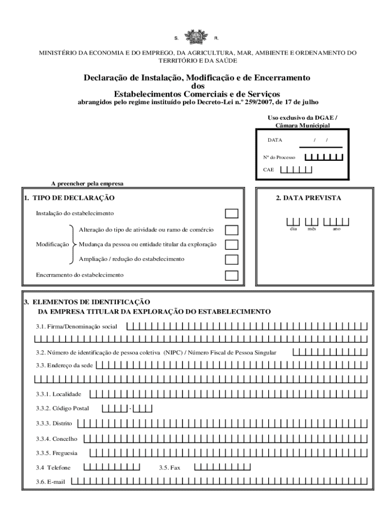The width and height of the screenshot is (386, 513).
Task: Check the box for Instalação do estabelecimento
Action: [x=232, y=214]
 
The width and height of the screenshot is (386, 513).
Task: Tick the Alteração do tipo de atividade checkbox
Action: [x=232, y=230]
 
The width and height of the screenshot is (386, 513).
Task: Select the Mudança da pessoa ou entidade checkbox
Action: [x=232, y=244]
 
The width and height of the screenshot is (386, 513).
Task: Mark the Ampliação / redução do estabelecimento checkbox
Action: [x=232, y=260]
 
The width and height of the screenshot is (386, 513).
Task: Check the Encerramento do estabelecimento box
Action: [x=232, y=275]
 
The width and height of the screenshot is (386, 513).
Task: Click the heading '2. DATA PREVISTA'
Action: [x=308, y=198]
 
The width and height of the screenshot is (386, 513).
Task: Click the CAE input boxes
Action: [x=296, y=169]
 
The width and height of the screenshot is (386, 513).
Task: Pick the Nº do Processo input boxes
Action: [x=324, y=157]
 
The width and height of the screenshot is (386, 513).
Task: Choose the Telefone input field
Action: [x=111, y=467]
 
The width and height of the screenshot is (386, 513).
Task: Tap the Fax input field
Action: [x=222, y=467]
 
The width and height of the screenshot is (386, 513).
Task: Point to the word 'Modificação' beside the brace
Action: [x=52, y=244]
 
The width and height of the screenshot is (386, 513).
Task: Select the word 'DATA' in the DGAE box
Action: [x=274, y=140]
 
